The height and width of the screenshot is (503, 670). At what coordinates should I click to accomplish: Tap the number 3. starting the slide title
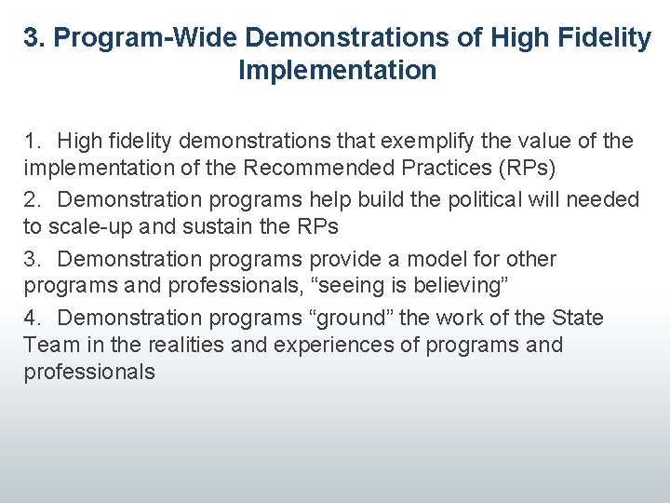[x=33, y=38]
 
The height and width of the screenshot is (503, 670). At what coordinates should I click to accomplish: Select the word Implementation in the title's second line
[x=337, y=70]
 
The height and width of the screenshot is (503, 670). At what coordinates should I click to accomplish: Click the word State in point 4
[x=578, y=318]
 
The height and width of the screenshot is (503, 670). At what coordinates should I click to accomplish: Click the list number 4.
[x=33, y=318]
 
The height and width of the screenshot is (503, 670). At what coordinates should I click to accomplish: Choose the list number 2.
[x=33, y=199]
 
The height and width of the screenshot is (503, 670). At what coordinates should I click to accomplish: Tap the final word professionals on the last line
[x=89, y=373]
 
